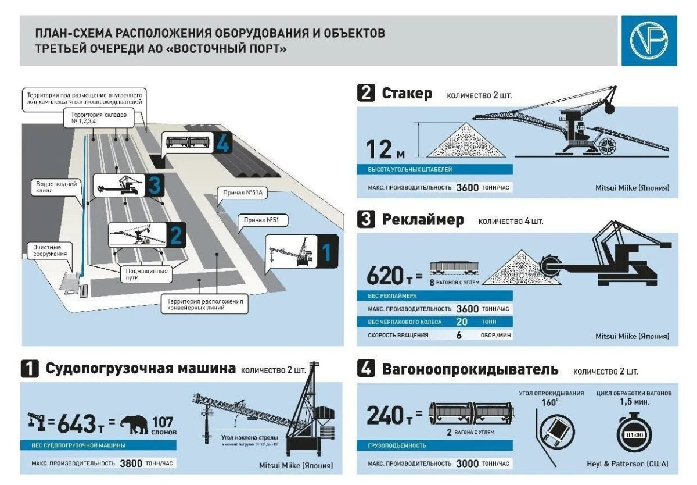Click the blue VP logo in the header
[x=649, y=40]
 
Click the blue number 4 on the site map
[x=222, y=143]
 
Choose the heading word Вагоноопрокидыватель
[x=470, y=369]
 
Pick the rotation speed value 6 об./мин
[x=459, y=335]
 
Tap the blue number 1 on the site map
[x=326, y=252]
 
